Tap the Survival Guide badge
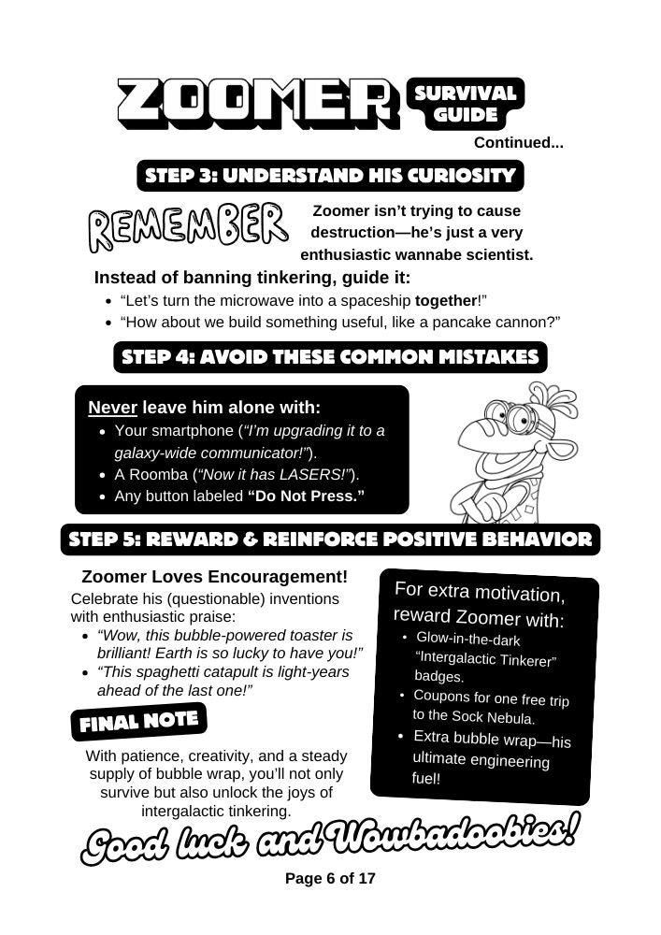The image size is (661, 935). click(466, 104)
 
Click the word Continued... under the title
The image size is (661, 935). click(518, 143)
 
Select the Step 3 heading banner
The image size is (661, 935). click(330, 176)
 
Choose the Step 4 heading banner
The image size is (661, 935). click(330, 357)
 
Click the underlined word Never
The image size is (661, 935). click(112, 408)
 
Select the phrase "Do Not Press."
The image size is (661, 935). click(306, 496)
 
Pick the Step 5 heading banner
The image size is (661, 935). click(330, 539)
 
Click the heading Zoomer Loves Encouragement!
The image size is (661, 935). click(214, 576)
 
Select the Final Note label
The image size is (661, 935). click(138, 722)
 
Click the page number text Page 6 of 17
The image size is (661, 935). click(330, 879)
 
